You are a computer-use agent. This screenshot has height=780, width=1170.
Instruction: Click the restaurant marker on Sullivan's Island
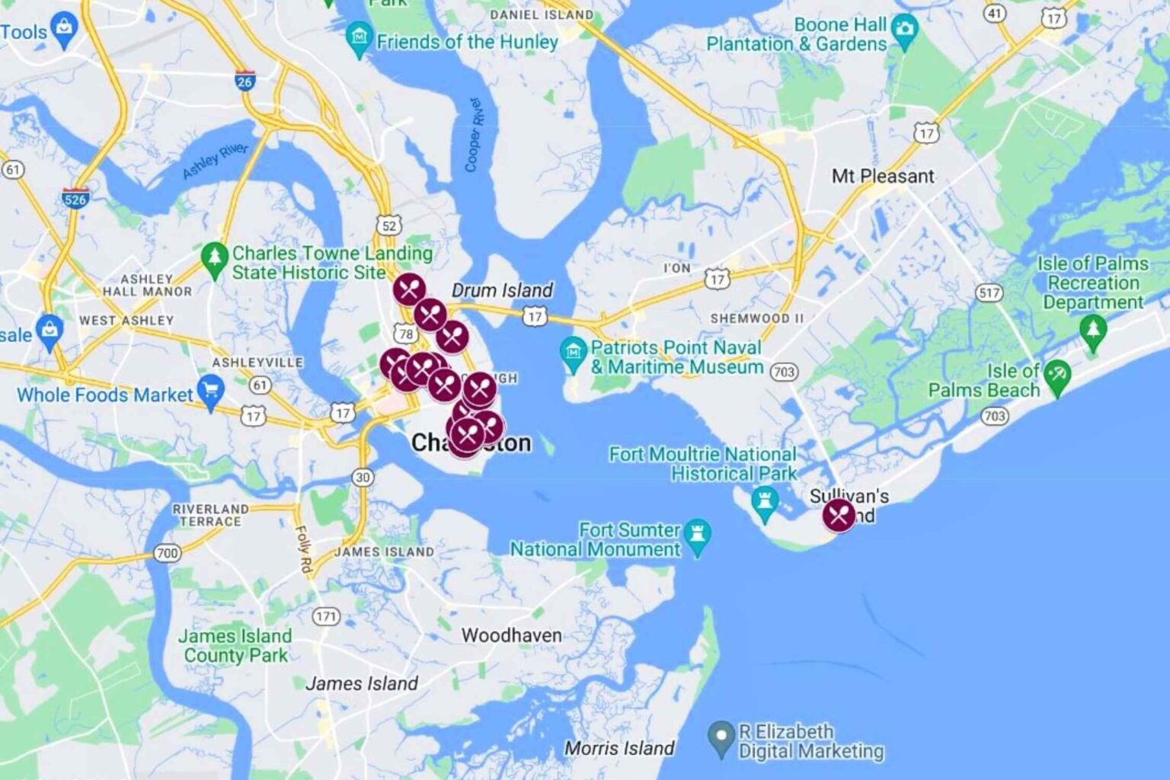point(839,516)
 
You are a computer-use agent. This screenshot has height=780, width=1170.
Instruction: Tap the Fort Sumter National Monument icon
point(697,535)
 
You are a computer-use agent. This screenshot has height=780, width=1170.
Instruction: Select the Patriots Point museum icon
point(573,353)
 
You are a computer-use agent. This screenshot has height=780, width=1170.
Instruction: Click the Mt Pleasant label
point(882,176)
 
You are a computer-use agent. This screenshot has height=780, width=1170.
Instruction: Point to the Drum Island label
point(502,290)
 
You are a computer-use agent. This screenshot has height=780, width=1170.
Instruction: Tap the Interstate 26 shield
point(245,81)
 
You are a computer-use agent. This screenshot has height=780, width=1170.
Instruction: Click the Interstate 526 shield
point(75,199)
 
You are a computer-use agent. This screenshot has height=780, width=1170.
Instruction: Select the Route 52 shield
point(389,225)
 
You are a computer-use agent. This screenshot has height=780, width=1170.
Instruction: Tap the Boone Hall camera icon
point(905,31)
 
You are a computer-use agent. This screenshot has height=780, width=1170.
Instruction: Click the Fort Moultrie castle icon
point(763,503)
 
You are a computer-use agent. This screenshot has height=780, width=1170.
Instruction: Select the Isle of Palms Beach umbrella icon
point(1057,376)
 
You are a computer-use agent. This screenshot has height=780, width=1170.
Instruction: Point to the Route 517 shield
point(989,292)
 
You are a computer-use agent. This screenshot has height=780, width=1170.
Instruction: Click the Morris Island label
point(619,748)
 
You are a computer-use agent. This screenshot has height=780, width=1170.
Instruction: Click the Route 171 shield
point(326,615)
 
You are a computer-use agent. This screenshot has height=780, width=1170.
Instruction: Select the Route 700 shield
point(168,552)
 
